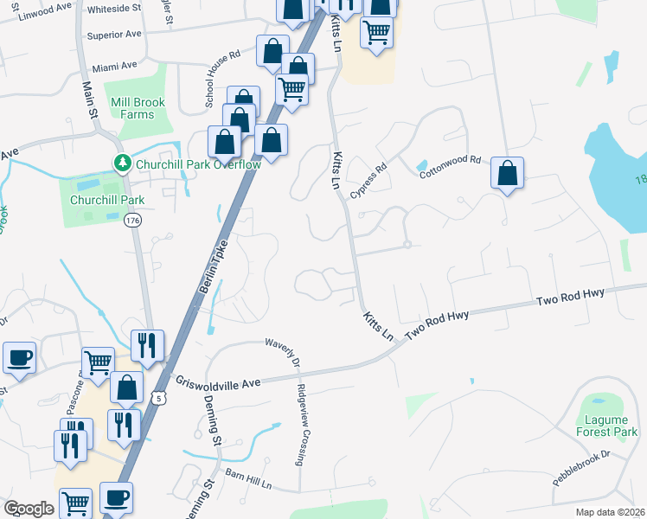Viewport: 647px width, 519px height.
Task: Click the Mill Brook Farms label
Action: (132, 108)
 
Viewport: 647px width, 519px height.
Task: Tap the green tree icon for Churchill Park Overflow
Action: (123, 163)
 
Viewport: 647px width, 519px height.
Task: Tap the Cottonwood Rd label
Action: (450, 166)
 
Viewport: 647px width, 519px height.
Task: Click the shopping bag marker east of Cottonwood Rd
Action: (507, 173)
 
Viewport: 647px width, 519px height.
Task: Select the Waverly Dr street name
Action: (283, 349)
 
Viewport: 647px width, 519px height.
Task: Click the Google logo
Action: (29, 509)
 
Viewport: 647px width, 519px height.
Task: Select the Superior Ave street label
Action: (113, 35)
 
